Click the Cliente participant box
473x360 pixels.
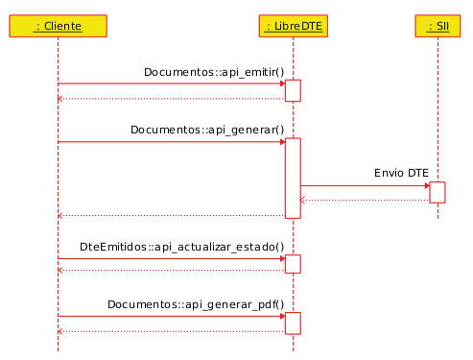tap(57, 25)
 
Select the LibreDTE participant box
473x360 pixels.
tap(294, 25)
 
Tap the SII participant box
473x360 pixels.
tap(438, 25)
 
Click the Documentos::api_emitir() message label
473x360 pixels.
tap(213, 72)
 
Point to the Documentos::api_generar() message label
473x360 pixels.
tap(207, 130)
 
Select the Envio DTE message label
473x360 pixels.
tap(401, 173)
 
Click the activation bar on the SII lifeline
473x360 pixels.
tap(438, 192)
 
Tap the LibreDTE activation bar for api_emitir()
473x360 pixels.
tap(294, 90)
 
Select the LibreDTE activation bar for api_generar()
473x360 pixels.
tap(294, 178)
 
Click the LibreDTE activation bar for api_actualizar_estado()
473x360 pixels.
tap(294, 264)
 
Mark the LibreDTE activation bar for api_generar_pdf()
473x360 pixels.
tap(294, 323)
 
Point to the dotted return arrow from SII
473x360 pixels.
tap(365, 200)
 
